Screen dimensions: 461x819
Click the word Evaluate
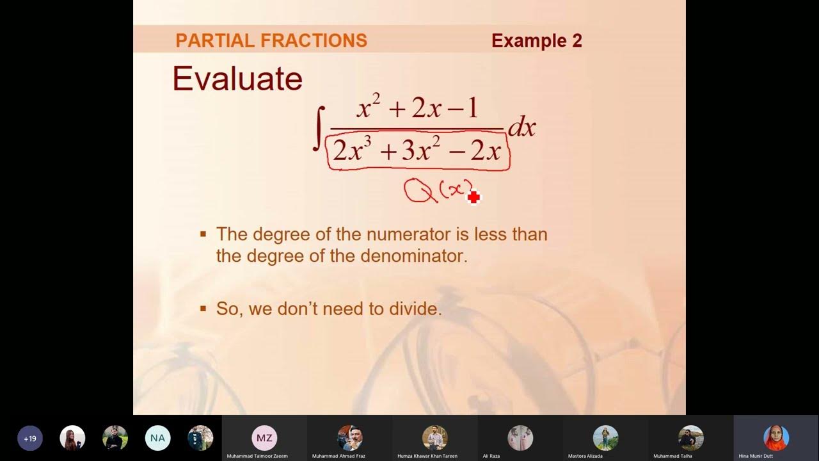[237, 79]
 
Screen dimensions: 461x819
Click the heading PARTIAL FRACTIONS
[271, 41]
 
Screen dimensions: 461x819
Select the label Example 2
[536, 41]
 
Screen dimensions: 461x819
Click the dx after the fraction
[521, 128]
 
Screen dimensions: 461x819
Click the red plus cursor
[473, 198]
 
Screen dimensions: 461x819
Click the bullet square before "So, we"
[203, 309]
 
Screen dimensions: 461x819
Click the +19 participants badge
[30, 439]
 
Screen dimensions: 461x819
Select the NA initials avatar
[157, 439]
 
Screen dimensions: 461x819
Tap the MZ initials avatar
[264, 438]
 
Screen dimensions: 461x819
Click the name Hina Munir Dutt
[756, 457]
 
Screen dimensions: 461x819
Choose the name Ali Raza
[491, 457]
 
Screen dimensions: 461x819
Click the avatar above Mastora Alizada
[605, 438]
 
